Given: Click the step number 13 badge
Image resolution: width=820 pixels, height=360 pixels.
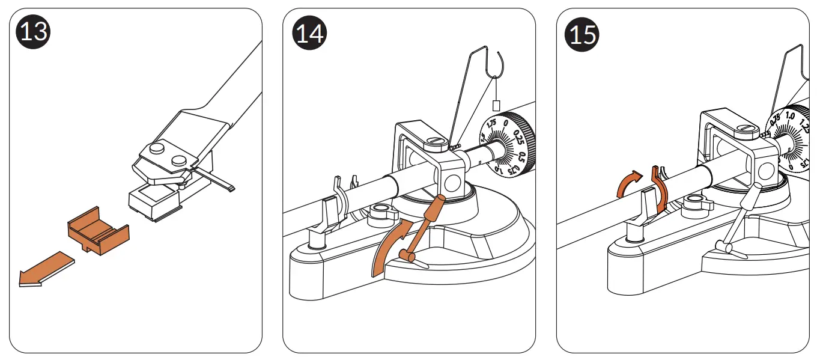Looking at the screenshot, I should click(34, 31).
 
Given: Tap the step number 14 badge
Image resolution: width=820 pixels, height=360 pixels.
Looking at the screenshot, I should click(309, 33).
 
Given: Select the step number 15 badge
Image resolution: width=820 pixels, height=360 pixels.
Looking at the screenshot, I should click(582, 33).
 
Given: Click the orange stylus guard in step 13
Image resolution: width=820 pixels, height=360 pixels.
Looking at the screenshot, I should click(98, 233).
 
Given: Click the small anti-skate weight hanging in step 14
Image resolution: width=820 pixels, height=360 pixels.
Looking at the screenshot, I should click(497, 105).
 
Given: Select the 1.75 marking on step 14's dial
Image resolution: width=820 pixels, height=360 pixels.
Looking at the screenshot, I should click(491, 124).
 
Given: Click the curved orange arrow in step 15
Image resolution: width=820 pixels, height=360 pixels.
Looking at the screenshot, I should click(627, 182).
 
